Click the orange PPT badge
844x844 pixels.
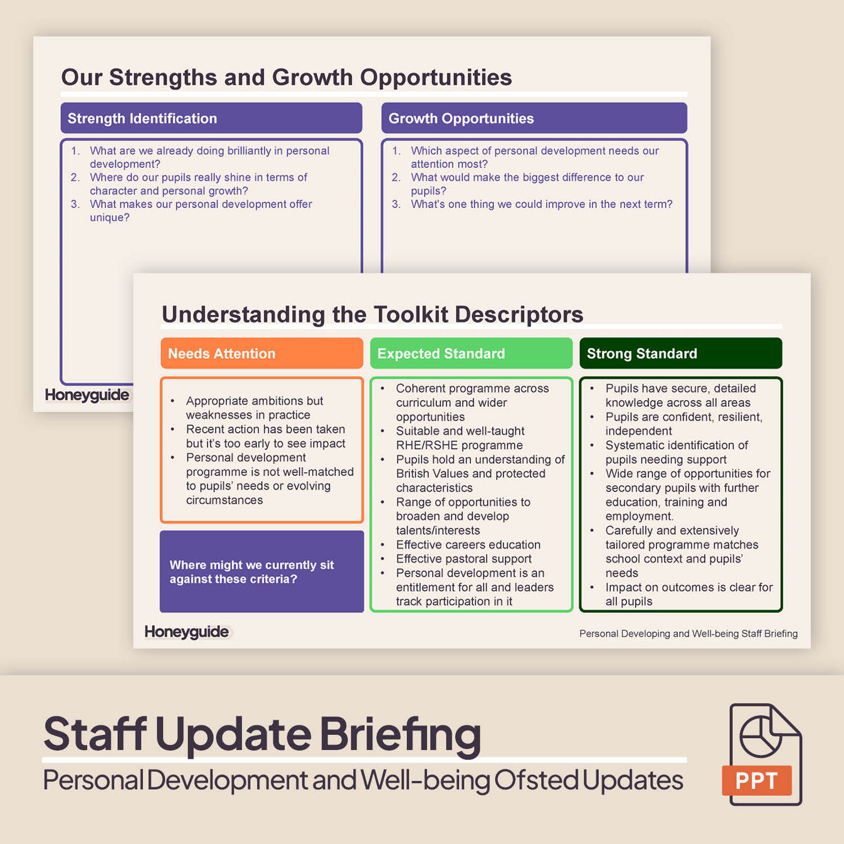(756, 781)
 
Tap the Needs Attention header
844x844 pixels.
(261, 354)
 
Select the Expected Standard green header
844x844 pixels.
(471, 354)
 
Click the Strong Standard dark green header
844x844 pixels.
(680, 354)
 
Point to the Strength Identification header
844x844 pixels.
(211, 119)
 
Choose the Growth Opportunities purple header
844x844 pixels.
(534, 119)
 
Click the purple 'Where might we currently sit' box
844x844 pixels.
(261, 572)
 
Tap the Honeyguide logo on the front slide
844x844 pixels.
(187, 632)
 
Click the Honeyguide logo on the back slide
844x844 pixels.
(87, 395)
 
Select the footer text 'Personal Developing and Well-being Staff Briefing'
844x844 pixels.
(688, 634)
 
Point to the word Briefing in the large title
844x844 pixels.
(400, 734)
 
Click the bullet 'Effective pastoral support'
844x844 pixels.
(463, 559)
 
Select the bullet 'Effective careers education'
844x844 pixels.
(468, 545)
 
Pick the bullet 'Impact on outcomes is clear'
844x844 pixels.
(688, 588)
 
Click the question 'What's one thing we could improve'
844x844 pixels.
(541, 204)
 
